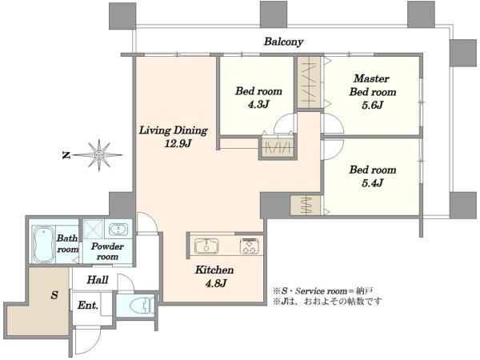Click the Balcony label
pyautogui.click(x=283, y=42)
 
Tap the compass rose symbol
pyautogui.click(x=98, y=155)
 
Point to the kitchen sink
pyautogui.click(x=206, y=246)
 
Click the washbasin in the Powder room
pyautogui.click(x=118, y=229)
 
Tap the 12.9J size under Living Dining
pyautogui.click(x=178, y=143)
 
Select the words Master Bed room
pyautogui.click(x=373, y=85)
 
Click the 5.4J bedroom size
pyautogui.click(x=372, y=183)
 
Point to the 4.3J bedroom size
pyautogui.click(x=258, y=104)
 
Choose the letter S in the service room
pyautogui.click(x=54, y=295)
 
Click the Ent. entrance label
pyautogui.click(x=88, y=306)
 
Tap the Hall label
pyautogui.click(x=98, y=279)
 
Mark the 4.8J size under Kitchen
pyautogui.click(x=216, y=283)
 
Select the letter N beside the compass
pyautogui.click(x=66, y=155)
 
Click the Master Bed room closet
pyautogui.click(x=309, y=82)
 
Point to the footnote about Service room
pyautogui.click(x=323, y=290)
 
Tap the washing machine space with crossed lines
pyautogui.click(x=94, y=229)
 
